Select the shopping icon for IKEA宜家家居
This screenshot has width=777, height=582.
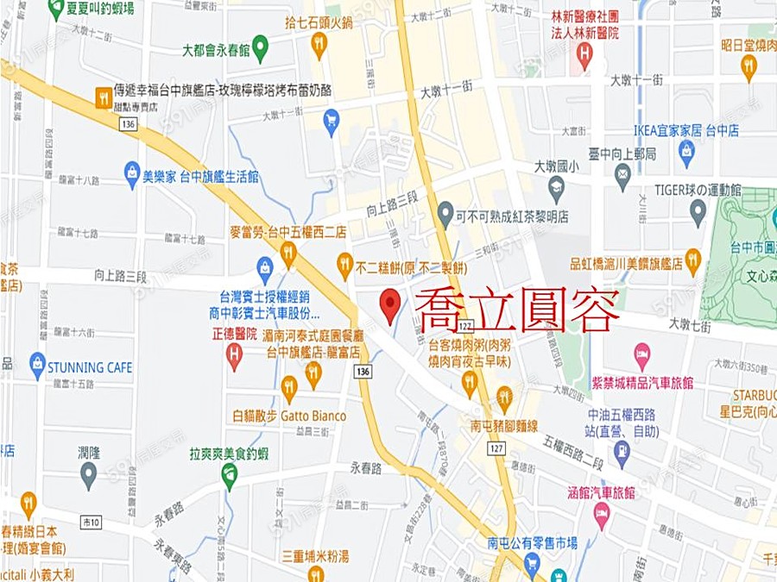tap(686, 153)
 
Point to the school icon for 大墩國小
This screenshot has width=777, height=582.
tap(557, 185)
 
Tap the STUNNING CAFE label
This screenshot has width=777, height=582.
tap(89, 367)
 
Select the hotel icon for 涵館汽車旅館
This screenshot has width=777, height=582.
tap(602, 514)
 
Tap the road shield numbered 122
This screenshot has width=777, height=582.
tap(465, 325)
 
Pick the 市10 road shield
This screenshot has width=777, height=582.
tap(92, 522)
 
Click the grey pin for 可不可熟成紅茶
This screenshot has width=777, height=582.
tap(445, 211)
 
